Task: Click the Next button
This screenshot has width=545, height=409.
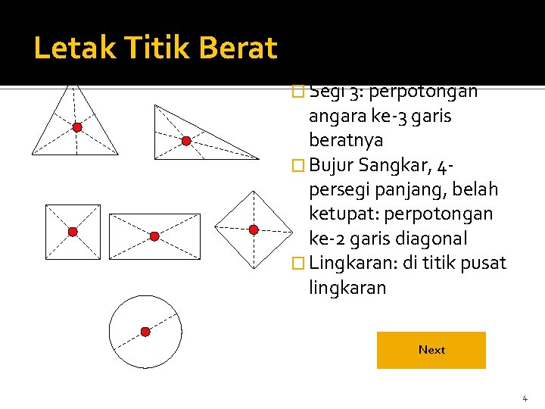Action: tap(431, 350)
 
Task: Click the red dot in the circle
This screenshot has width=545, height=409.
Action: tap(145, 331)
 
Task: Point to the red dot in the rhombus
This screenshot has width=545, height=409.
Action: tap(254, 229)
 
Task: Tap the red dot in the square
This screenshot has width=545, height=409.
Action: tap(73, 232)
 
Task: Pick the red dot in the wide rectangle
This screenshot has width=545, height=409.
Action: tap(154, 236)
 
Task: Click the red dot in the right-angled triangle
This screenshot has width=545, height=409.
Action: tap(186, 141)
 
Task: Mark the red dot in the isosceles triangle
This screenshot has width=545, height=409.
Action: tap(77, 127)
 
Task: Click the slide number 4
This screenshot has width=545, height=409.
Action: tap(524, 398)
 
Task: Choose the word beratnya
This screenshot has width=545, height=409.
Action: tap(346, 140)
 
